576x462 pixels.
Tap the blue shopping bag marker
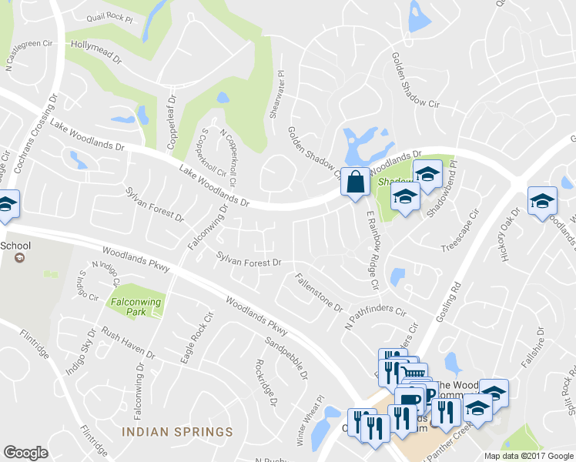coord(354,183)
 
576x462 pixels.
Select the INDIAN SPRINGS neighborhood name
coord(176,431)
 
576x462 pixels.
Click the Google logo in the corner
coord(26,452)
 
